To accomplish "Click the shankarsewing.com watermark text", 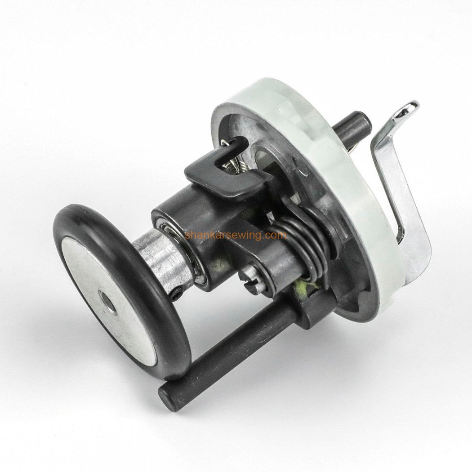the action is coord(236,235).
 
